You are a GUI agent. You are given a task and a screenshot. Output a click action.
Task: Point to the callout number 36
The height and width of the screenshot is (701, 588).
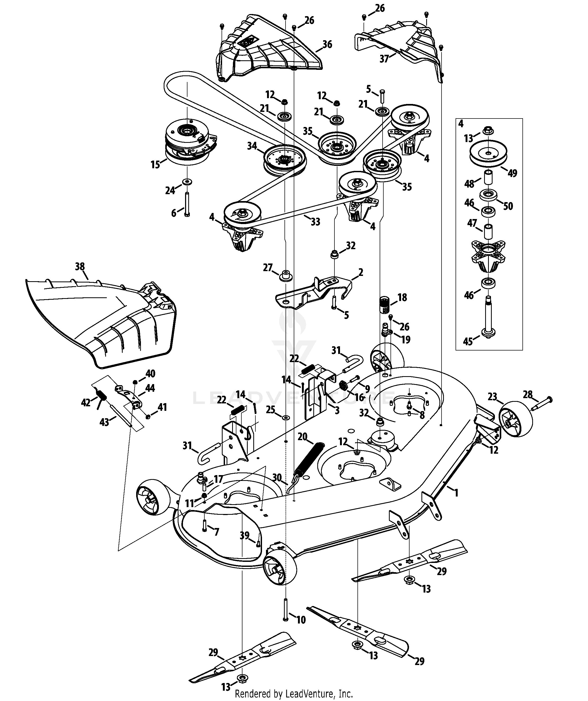click(327, 44)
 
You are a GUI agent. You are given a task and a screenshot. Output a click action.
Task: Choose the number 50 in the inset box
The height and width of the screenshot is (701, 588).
click(508, 206)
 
